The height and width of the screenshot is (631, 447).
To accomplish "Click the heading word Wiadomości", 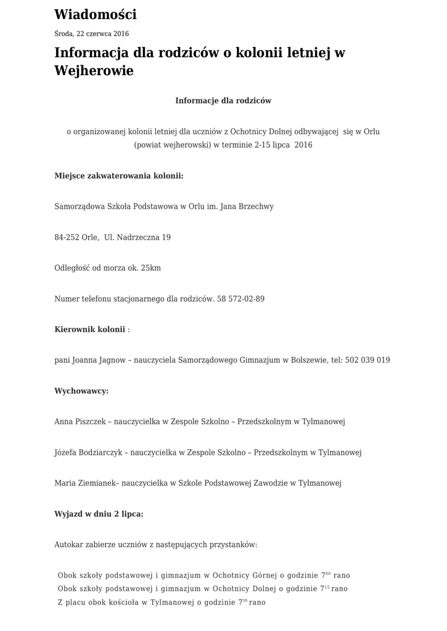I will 96,14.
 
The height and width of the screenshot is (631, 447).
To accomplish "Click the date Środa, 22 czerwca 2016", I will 91,34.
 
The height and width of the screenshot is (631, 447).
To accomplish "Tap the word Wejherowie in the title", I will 94,71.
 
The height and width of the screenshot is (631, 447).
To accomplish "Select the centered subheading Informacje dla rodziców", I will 223,100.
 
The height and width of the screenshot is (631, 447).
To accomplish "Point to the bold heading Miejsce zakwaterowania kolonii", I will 119,176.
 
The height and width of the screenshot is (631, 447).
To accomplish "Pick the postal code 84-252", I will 67,237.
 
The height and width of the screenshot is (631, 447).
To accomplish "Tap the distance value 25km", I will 150,268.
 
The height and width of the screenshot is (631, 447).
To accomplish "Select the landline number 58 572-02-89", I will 240,299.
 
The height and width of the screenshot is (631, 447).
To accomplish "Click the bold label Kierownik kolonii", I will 90,330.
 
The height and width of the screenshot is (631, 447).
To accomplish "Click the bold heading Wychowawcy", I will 81,391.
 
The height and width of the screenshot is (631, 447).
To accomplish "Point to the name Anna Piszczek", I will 79,422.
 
